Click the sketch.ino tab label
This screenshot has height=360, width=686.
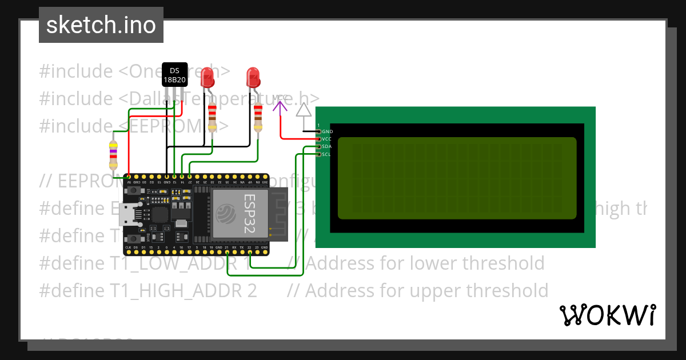coord(101,25)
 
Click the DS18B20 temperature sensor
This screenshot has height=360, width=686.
coord(174,74)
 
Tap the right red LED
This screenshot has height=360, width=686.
coord(253,77)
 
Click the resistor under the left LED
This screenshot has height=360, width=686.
coord(213,117)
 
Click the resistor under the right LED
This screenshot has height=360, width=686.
coord(258,117)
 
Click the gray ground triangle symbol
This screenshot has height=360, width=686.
coord(304,110)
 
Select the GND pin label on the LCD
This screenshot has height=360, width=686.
coord(327,131)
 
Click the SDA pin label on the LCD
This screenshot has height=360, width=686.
coord(327,147)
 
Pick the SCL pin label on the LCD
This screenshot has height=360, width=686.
coord(326,154)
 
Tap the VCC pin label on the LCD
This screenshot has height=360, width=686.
coord(326,139)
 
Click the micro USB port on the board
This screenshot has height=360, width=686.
coord(127,214)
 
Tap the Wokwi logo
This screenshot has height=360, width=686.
coord(607,315)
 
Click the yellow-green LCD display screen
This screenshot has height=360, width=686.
coord(457,178)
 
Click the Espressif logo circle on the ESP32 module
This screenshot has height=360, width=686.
coord(228,214)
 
